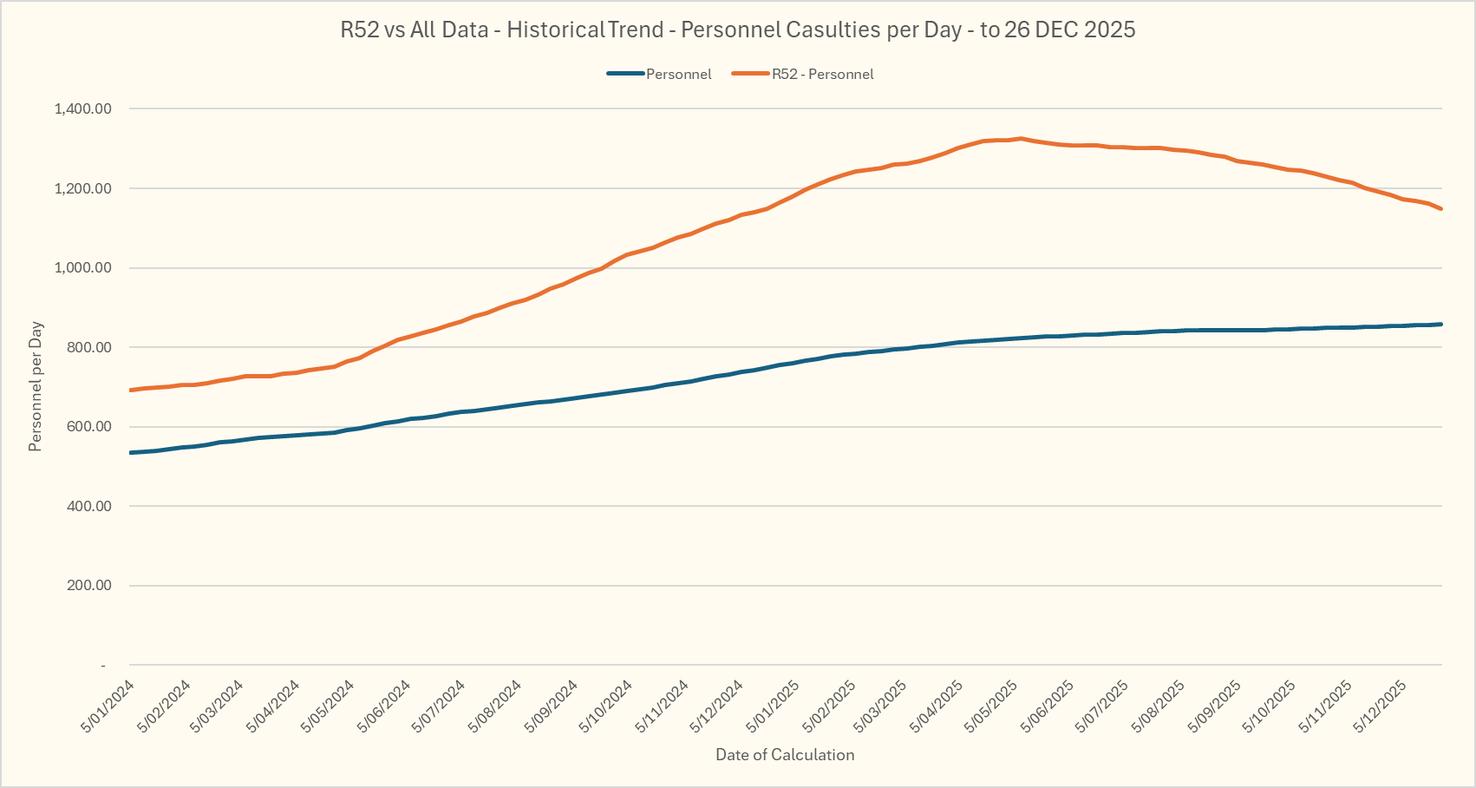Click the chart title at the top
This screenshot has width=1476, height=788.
point(737,30)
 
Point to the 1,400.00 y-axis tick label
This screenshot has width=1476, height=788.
point(82,108)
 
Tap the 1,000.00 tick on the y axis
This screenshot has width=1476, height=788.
point(82,267)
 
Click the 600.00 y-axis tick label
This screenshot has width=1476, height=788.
point(88,426)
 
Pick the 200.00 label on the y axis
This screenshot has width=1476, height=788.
point(88,585)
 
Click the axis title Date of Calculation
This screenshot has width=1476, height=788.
point(785,755)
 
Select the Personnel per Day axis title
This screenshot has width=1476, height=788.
point(36,387)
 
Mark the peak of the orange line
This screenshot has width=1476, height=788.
point(1021,138)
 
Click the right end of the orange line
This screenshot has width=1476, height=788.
point(1441,208)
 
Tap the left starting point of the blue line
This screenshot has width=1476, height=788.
point(130,453)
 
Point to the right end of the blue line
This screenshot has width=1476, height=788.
point(1441,324)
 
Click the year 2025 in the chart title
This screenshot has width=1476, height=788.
point(1109,30)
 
